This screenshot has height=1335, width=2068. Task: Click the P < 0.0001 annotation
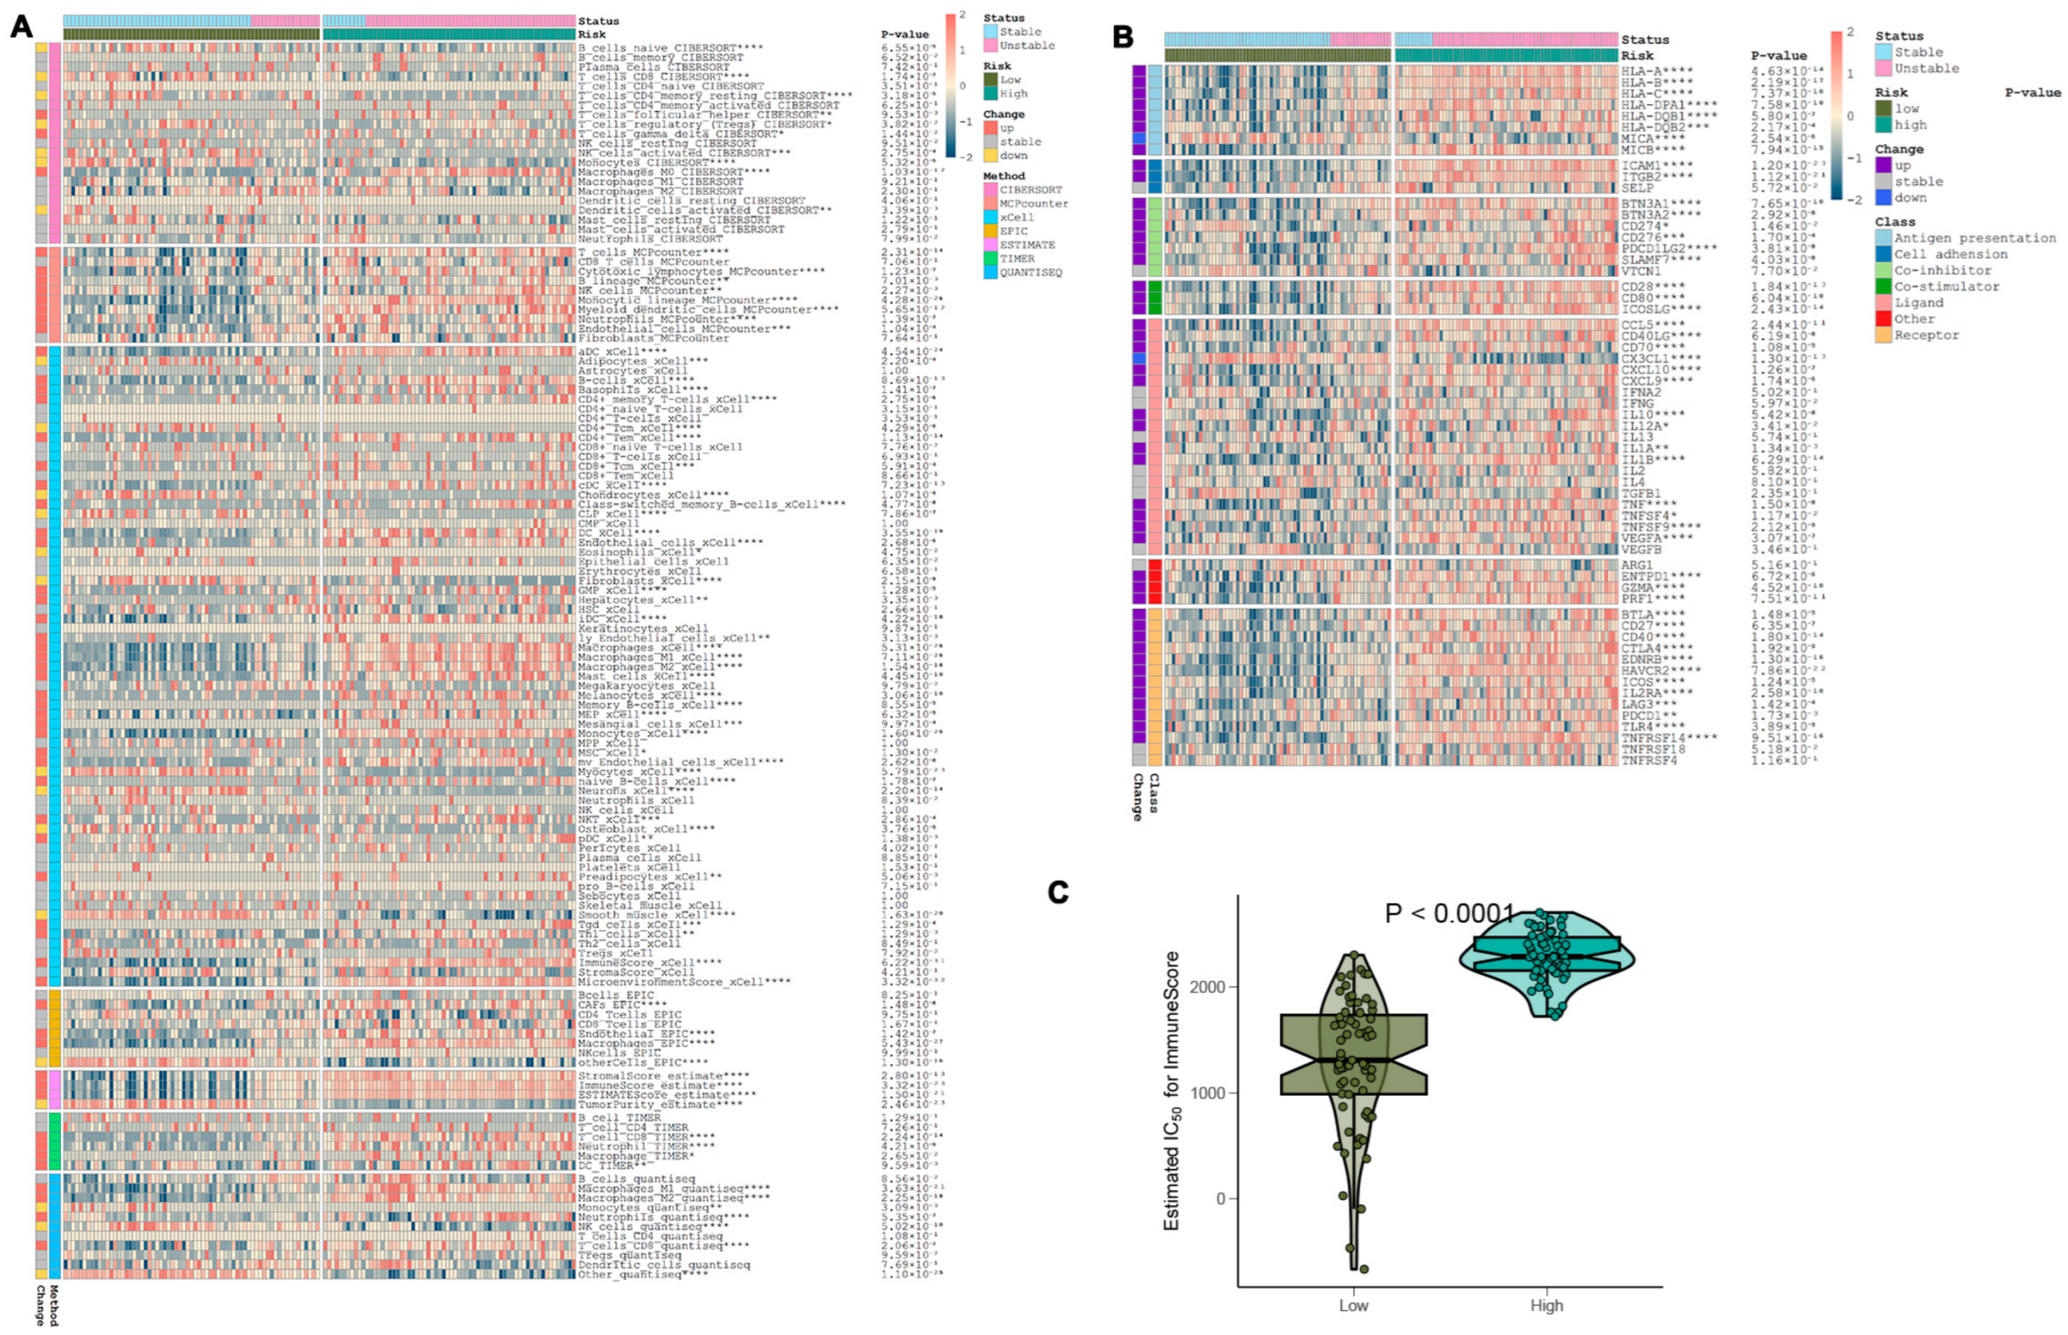click(1448, 913)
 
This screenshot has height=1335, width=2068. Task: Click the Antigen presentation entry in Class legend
click(1974, 237)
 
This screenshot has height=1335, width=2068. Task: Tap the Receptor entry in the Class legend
click(1926, 335)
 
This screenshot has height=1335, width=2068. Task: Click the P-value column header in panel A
click(904, 35)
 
